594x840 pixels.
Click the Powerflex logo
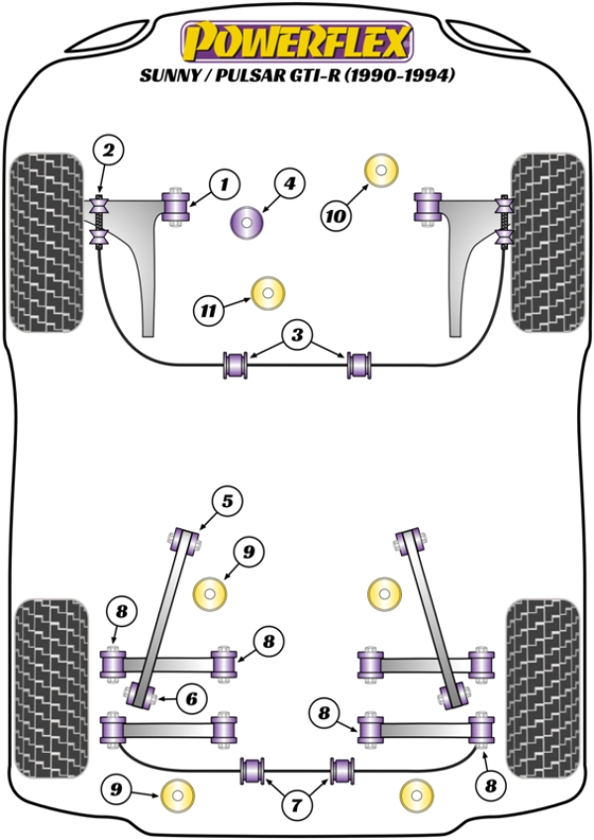tap(296, 42)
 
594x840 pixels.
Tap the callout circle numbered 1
tap(225, 183)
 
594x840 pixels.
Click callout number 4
tap(290, 183)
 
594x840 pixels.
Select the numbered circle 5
tap(227, 502)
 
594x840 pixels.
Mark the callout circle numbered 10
tap(336, 213)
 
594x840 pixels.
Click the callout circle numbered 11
tap(208, 310)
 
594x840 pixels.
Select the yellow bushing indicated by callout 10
tap(381, 169)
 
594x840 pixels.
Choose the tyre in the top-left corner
tap(45, 242)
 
